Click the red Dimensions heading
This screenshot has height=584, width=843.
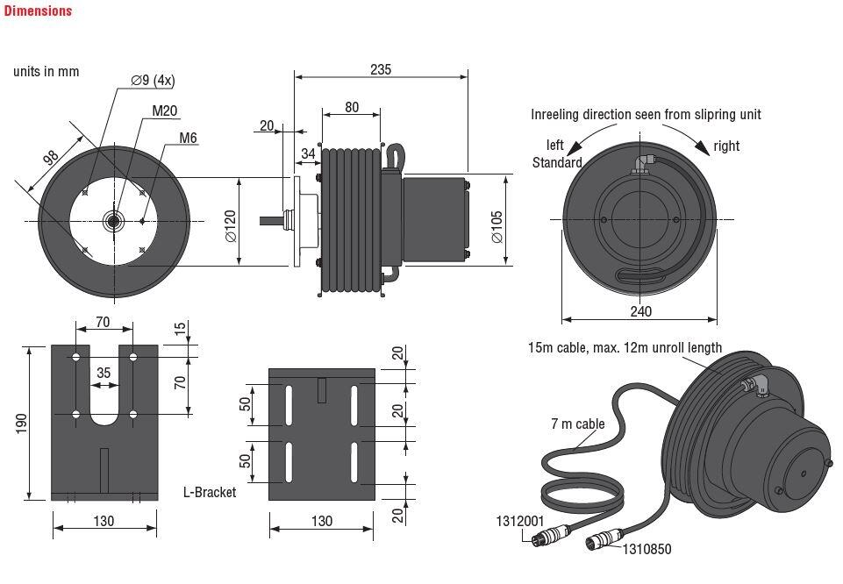point(38,11)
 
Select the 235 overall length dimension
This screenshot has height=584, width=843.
point(381,69)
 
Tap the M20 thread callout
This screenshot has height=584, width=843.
point(165,110)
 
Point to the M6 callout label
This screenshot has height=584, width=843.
point(188,138)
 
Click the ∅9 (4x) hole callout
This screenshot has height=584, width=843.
point(153,81)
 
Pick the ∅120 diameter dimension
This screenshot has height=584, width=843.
point(231,224)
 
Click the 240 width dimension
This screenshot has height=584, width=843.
point(640,311)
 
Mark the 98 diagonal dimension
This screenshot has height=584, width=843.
point(50,160)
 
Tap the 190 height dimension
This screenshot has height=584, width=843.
point(22,423)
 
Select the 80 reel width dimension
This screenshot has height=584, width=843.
point(352,108)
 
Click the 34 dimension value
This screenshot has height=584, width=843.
point(308,154)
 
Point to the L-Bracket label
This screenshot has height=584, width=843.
point(210,493)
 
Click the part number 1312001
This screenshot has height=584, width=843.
point(520,521)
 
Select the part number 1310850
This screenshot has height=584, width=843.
point(647,550)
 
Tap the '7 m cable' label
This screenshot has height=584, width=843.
point(577,424)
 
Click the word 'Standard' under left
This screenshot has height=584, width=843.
point(557,162)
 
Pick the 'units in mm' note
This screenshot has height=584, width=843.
point(46,71)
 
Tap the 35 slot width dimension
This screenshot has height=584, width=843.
point(104,373)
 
